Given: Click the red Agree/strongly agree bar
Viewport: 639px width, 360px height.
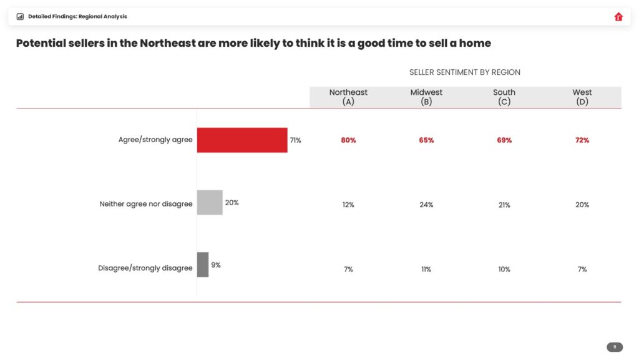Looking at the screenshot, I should click(242, 140).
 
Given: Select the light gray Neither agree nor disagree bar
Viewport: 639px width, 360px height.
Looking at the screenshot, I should click(210, 203).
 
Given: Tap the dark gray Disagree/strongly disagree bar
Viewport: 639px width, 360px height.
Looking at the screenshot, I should click(203, 265).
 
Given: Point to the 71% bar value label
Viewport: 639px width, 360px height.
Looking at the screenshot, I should click(295, 140).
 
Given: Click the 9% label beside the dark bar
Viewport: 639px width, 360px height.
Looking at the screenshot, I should click(216, 265).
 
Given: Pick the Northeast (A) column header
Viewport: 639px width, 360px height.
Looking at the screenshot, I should click(348, 97).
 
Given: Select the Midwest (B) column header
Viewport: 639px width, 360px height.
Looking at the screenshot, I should click(426, 97).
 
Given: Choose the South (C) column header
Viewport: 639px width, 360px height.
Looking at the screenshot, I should click(504, 97).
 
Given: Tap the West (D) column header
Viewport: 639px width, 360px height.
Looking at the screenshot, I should click(582, 97).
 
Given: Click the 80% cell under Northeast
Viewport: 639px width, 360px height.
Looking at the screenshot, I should click(348, 140).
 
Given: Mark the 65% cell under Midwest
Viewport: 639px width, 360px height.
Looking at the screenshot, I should click(426, 140).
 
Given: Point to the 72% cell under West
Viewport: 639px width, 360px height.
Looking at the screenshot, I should click(582, 140).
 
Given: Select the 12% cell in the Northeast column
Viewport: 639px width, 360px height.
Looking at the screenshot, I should click(348, 205).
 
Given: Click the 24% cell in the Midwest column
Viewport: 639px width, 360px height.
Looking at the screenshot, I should click(426, 205).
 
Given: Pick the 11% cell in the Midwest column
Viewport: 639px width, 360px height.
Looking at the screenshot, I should click(426, 270).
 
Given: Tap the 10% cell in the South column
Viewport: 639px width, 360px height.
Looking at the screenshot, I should click(504, 270).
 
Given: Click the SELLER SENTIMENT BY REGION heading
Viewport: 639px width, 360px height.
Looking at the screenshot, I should click(465, 72).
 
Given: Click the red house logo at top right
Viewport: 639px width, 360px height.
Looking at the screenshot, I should click(618, 17).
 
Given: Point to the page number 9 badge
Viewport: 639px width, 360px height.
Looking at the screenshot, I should click(615, 347).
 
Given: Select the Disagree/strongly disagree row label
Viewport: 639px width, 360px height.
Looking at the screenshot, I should click(145, 268).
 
